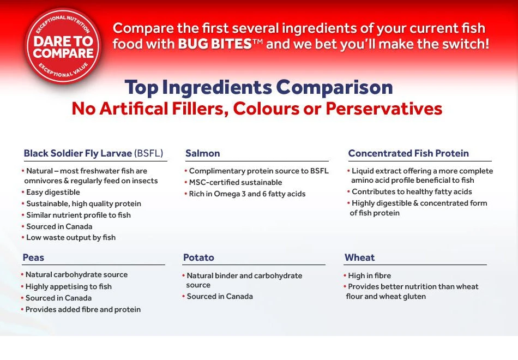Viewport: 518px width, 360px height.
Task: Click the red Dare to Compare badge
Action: pyautogui.click(x=63, y=47)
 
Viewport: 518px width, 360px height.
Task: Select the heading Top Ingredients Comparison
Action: pyautogui.click(x=258, y=87)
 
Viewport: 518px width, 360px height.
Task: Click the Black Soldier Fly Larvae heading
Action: pyautogui.click(x=93, y=153)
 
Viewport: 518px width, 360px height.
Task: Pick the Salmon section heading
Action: pyautogui.click(x=203, y=153)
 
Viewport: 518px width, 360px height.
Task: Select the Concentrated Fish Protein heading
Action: pyautogui.click(x=408, y=153)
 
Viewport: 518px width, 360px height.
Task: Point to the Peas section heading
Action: pyautogui.click(x=33, y=257)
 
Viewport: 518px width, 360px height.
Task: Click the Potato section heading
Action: pyautogui.click(x=198, y=257)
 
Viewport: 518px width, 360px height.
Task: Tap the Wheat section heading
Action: pyautogui.click(x=359, y=257)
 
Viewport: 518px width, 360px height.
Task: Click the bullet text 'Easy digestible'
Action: pyautogui.click(x=53, y=192)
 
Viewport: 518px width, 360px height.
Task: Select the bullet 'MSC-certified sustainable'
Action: pyautogui.click(x=236, y=182)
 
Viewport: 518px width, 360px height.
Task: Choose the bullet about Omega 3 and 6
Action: pyautogui.click(x=247, y=194)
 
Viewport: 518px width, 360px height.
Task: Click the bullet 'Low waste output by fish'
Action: pyautogui.click(x=71, y=237)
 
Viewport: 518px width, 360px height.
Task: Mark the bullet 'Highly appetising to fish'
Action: pyautogui.click(x=68, y=286)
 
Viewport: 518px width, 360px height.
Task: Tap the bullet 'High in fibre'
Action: pyautogui.click(x=369, y=275)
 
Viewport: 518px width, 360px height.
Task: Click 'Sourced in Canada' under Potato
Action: pyautogui.click(x=219, y=296)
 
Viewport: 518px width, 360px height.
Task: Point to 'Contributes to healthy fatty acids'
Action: pyautogui.click(x=412, y=191)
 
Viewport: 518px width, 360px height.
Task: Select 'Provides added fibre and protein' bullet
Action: pyautogui.click(x=83, y=309)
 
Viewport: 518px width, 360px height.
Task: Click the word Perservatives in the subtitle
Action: pyautogui.click(x=384, y=109)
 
